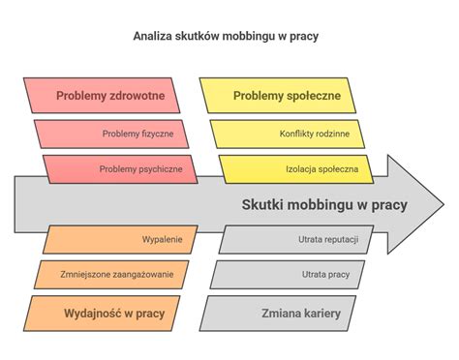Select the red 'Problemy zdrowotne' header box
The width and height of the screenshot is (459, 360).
pos(109,96)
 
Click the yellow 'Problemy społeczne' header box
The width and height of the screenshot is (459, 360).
pos(287,96)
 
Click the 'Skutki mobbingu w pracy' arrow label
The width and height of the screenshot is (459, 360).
pos(323,204)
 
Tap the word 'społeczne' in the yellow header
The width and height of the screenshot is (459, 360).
pos(314,96)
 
